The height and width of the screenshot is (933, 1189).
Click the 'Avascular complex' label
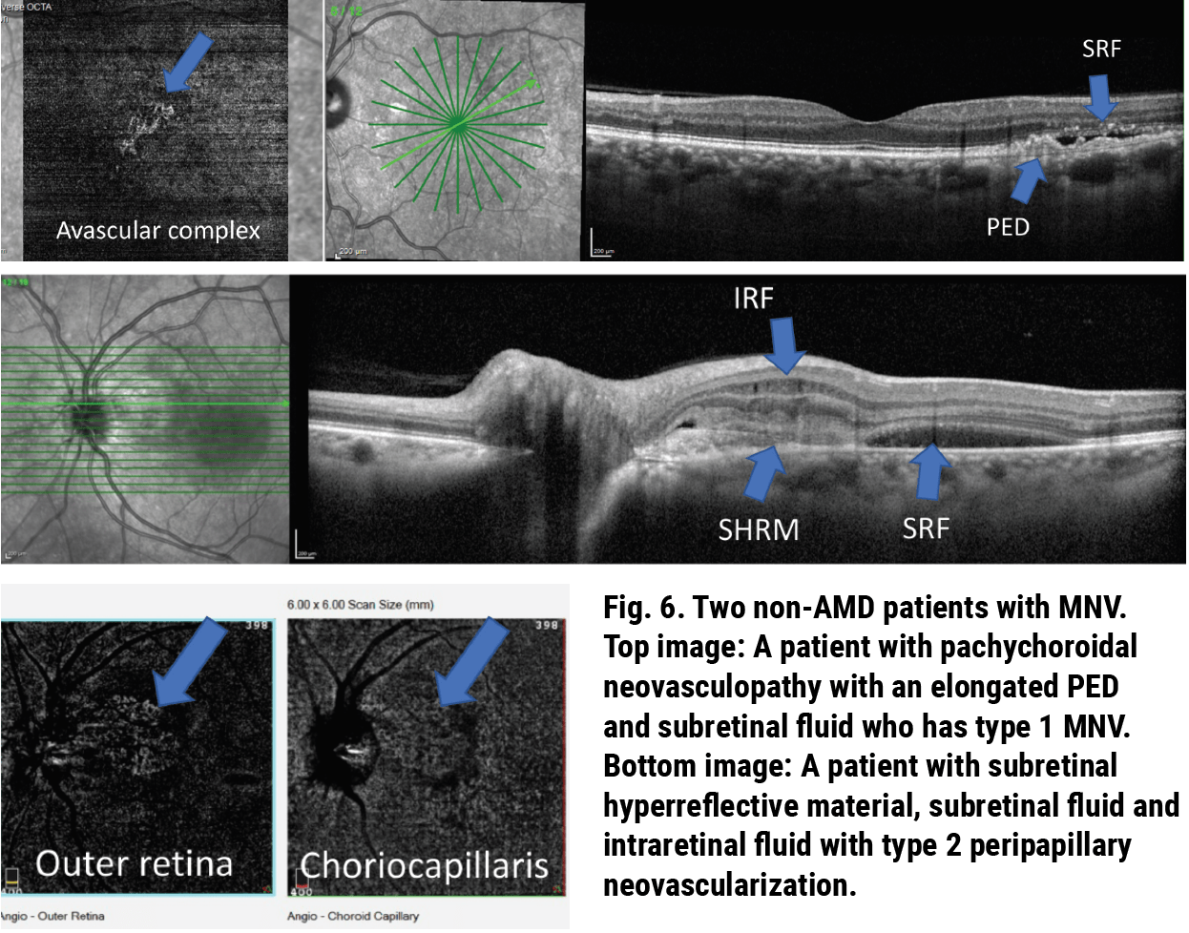[157, 231]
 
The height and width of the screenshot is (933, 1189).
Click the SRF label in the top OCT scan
[1101, 50]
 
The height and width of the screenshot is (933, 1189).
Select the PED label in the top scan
[1008, 227]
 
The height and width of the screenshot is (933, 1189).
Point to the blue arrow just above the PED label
[1028, 180]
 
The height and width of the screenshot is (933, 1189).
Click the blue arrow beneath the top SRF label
[1100, 96]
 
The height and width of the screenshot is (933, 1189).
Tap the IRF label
[753, 299]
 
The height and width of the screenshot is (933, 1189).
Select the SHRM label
[759, 529]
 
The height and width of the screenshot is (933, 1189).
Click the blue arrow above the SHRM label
[764, 473]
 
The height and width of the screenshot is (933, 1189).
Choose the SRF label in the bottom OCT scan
[926, 528]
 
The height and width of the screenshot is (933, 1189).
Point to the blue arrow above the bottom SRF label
[929, 471]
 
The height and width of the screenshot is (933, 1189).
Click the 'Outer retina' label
[135, 863]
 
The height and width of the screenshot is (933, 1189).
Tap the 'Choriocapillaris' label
[425, 865]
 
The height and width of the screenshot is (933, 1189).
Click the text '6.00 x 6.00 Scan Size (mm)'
[361, 605]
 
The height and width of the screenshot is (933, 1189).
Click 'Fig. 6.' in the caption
[642, 608]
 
